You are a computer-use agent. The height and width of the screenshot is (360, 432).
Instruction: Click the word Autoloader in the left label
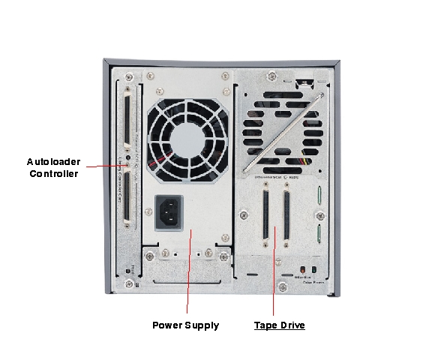click(x=52, y=161)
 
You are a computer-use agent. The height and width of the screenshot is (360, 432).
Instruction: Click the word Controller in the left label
click(x=53, y=174)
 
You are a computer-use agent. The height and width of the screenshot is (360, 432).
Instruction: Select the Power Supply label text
click(x=185, y=325)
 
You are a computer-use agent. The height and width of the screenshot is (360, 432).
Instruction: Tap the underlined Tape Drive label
click(x=280, y=325)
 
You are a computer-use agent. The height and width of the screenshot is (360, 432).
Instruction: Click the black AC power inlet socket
click(x=169, y=214)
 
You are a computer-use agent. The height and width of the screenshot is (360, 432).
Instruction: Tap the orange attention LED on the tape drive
click(x=301, y=270)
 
